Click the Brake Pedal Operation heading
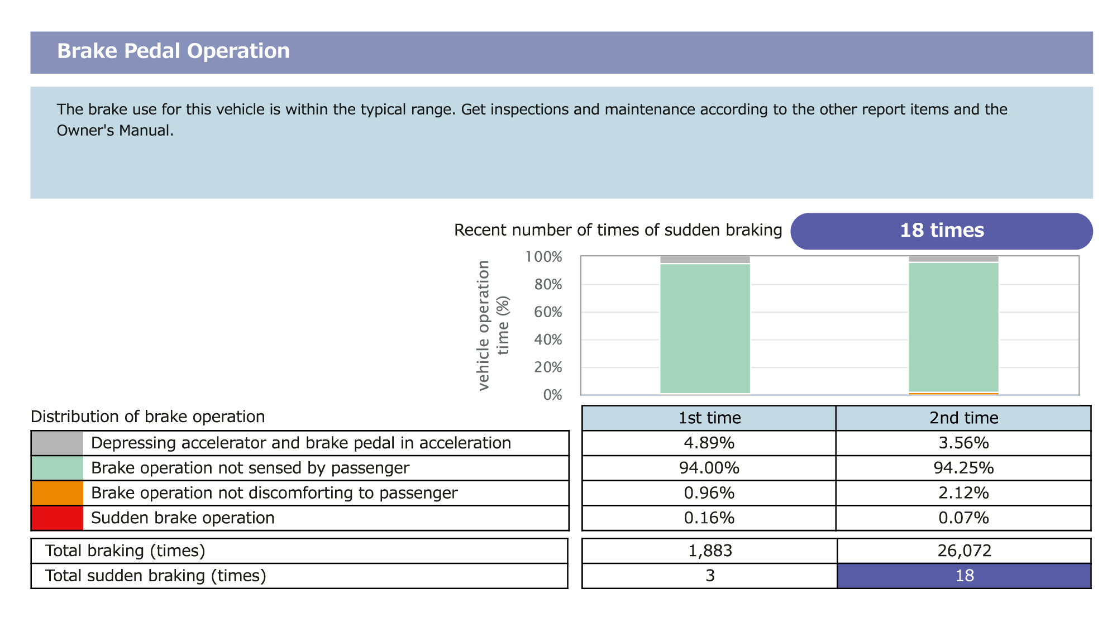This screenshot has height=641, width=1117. tap(173, 51)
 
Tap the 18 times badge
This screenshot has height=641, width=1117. tap(942, 231)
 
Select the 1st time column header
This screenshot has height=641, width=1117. tap(709, 418)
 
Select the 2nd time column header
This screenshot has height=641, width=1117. tap(963, 418)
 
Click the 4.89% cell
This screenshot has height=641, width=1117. tap(709, 443)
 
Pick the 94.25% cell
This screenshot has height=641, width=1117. tap(963, 468)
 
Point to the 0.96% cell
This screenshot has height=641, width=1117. tap(709, 493)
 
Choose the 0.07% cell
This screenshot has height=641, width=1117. tap(963, 518)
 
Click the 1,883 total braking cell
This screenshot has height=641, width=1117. tap(709, 551)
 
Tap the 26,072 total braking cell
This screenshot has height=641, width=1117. tap(964, 551)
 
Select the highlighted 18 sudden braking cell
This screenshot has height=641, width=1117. tap(964, 576)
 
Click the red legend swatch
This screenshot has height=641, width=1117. tap(57, 518)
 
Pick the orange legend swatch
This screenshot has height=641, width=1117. tap(57, 493)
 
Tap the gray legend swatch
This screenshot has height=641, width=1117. tap(57, 443)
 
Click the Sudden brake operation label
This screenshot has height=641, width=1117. tap(183, 518)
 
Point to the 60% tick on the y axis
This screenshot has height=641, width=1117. tap(548, 312)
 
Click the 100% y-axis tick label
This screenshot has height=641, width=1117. tap(544, 257)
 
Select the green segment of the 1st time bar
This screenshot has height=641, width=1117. tap(705, 328)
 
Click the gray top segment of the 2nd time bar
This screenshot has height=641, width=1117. tap(953, 259)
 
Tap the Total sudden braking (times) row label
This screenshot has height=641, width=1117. tap(155, 576)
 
